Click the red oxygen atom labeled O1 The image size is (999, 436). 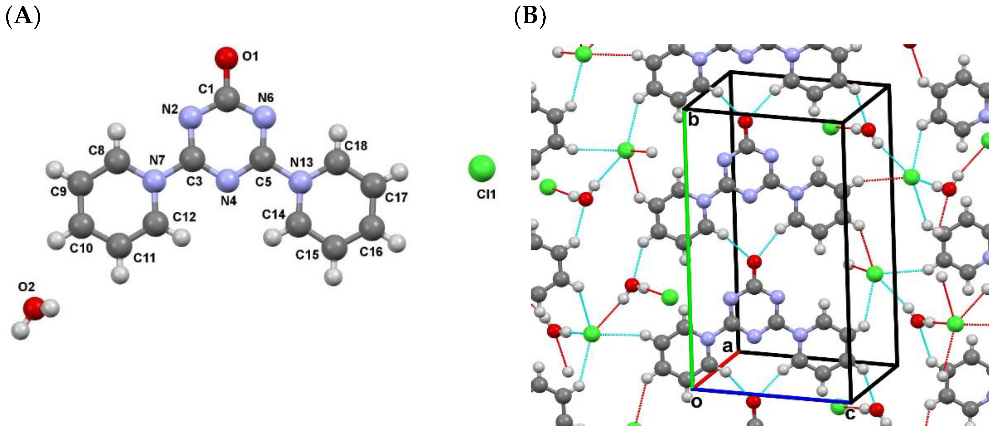coord(226,58)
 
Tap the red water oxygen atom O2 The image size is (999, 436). coord(34,308)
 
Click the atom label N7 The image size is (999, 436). coord(157,160)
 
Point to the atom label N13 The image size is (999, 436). coord(301,162)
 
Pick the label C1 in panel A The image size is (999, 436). coord(206,89)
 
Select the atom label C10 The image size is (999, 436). coord(81,248)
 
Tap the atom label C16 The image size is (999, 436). coord(371,252)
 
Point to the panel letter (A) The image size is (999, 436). coord(23,17)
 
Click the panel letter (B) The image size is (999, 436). coord(530,17)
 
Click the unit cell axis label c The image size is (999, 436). coord(850,414)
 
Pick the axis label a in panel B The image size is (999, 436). coord(727,346)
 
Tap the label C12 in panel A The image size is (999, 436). coord(184,217)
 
